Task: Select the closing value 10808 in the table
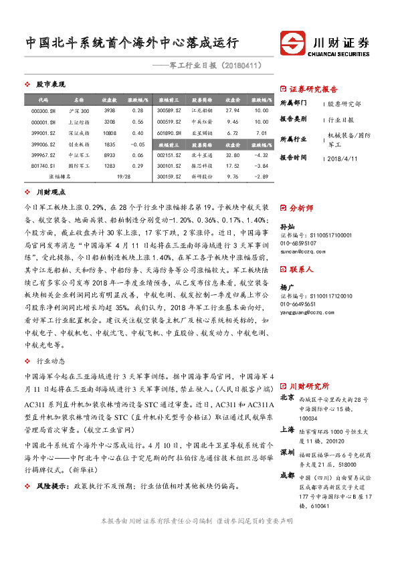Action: point(110,132)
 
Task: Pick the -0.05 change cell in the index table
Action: point(138,144)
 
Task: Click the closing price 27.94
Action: point(232,110)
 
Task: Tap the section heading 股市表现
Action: point(50,84)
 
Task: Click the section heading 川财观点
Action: point(50,193)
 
